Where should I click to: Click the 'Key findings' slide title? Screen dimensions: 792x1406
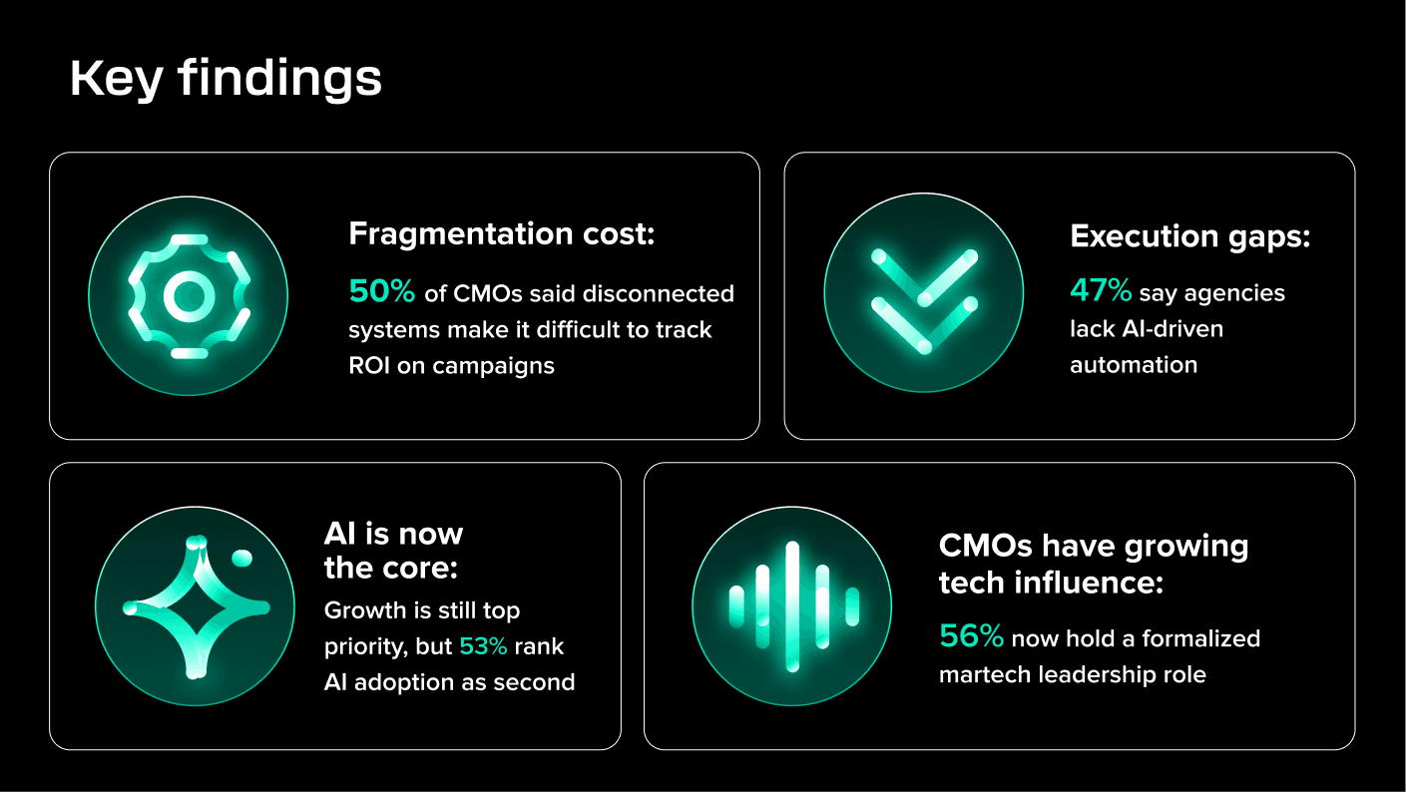[x=226, y=79]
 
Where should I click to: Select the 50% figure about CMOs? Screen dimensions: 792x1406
[x=381, y=292]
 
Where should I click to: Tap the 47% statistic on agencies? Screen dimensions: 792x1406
[x=1101, y=291]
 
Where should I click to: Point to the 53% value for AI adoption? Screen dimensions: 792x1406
[x=483, y=646]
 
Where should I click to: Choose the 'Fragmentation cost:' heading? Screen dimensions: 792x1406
[x=501, y=234]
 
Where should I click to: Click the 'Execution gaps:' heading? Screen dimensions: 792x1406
[x=1189, y=236]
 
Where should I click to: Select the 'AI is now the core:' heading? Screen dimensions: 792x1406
[x=393, y=551]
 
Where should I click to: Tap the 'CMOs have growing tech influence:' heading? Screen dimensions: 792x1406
[x=1093, y=565]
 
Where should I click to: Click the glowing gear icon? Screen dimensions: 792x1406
[x=188, y=296]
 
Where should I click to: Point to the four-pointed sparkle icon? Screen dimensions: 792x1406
[x=196, y=606]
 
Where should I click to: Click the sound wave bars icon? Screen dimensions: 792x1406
[x=792, y=606]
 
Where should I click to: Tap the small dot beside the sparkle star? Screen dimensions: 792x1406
[x=241, y=558]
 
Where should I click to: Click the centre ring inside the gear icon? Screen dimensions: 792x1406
[x=188, y=296]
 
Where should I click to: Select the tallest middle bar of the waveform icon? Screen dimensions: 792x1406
[x=792, y=606]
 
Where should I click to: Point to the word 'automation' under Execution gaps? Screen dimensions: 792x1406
[x=1133, y=365]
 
